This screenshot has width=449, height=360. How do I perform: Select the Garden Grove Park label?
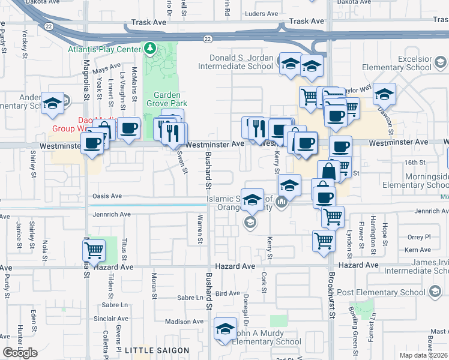click(167, 99)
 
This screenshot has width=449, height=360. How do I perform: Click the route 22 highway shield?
click(207, 39)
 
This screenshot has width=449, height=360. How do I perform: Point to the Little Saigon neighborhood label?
click(157, 350)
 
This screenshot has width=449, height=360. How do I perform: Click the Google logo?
click(20, 353)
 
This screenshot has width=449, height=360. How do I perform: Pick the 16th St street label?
click(414, 163)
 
